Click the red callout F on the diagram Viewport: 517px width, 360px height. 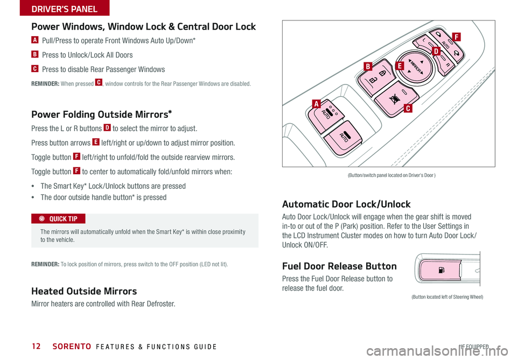[x=456, y=37]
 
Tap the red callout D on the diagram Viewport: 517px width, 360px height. [x=436, y=51]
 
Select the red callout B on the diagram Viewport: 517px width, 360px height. [x=368, y=67]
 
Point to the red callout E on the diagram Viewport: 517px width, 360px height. [x=399, y=66]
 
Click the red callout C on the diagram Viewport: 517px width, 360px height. [x=409, y=109]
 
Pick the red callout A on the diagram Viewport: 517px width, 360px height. [x=315, y=103]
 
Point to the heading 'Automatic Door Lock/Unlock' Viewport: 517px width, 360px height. [x=346, y=204]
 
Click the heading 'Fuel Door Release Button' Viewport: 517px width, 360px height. [x=340, y=266]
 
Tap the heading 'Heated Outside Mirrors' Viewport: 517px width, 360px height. [x=84, y=291]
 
